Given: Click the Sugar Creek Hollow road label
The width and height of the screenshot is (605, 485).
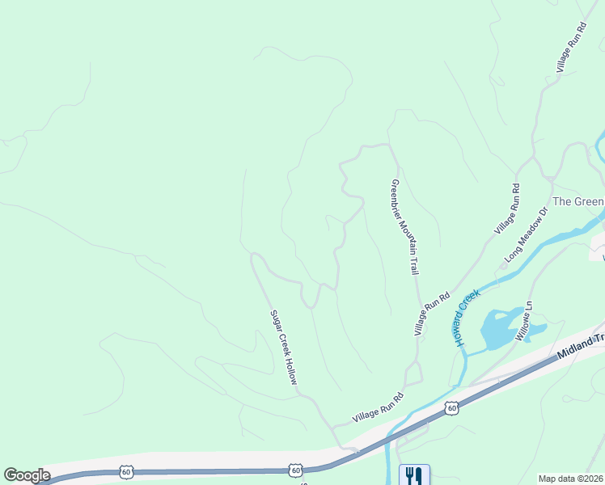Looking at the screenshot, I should coord(283,347).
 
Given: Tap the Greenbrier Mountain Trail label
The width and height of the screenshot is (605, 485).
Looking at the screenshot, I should coord(405,226).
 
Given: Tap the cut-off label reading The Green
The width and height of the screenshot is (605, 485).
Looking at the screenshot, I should coord(577,201).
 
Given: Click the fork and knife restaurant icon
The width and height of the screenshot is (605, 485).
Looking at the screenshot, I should coord(414,474).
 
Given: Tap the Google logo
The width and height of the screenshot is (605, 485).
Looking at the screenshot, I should coord(27,474).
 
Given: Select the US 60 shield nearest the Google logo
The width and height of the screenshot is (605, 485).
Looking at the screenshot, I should coord(126,470).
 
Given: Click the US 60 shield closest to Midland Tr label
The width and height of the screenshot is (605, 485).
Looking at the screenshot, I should coord(451,409).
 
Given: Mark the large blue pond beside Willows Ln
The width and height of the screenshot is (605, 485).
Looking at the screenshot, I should coord(499,328).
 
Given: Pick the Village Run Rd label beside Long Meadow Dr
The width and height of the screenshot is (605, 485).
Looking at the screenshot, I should coord(506,209).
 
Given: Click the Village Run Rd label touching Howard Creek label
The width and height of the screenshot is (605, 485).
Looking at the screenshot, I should coord(432,314).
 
